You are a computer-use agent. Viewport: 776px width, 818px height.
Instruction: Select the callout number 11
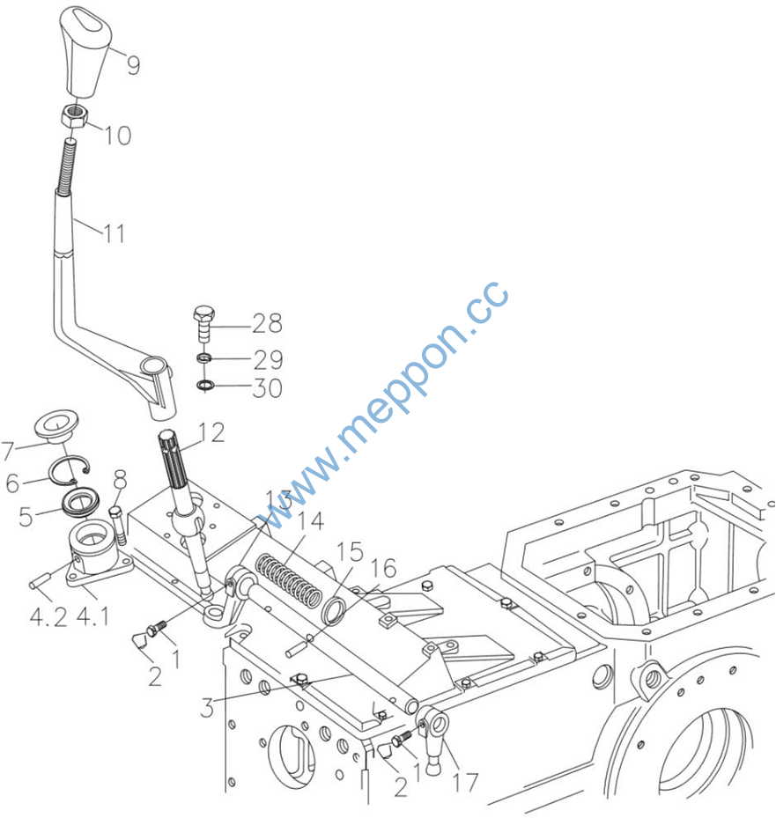pos(113,233)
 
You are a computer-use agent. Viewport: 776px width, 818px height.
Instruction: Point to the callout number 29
pos(268,359)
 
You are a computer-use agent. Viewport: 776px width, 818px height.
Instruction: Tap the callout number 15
pos(350,552)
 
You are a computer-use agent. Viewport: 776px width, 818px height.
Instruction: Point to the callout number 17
pos(467,781)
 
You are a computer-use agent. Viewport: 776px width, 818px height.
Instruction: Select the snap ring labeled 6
pos(71,473)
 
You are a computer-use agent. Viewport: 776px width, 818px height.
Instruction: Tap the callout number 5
pos(26,516)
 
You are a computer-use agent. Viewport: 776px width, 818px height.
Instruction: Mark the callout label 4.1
pos(93,616)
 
